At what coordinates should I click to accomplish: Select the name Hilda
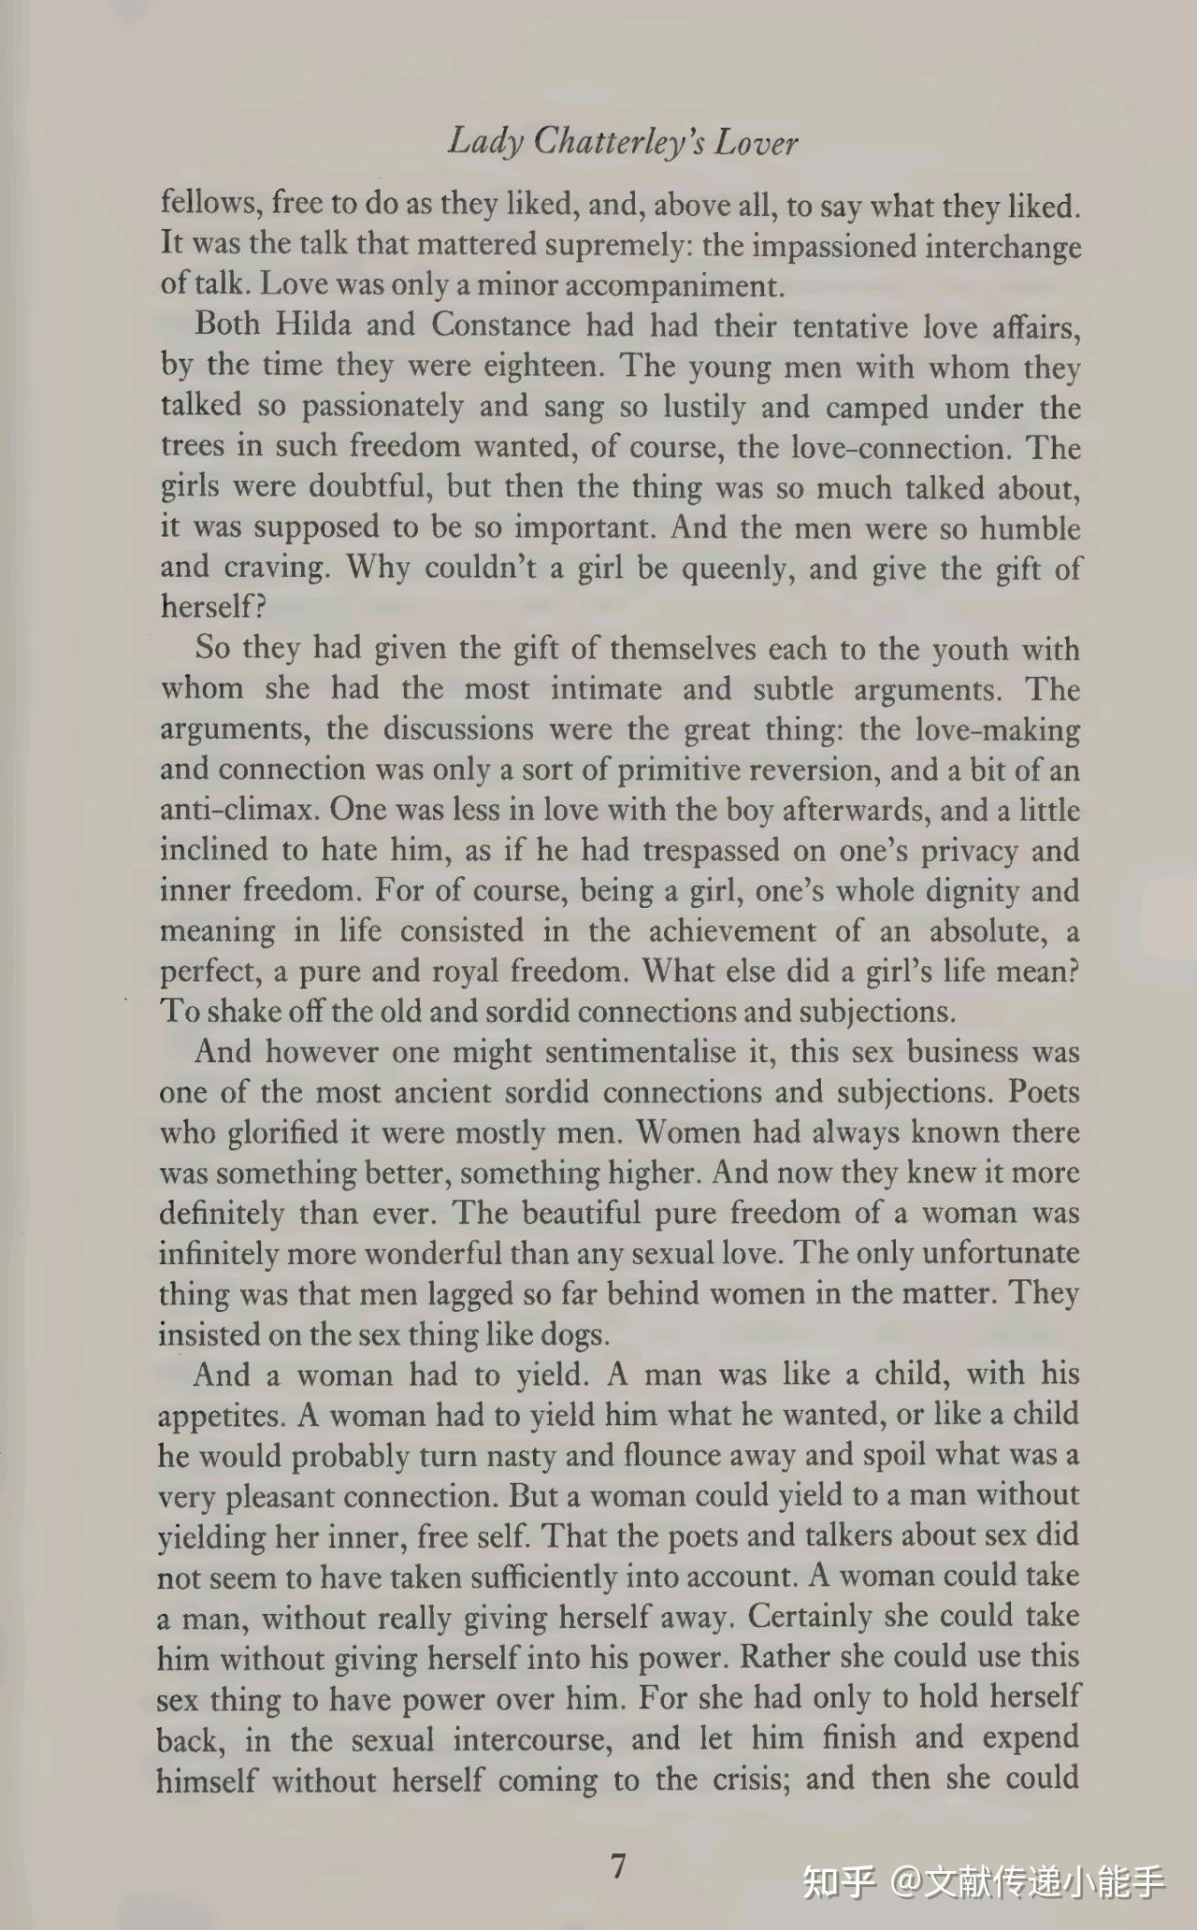point(313,324)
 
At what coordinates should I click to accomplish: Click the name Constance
point(500,324)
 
